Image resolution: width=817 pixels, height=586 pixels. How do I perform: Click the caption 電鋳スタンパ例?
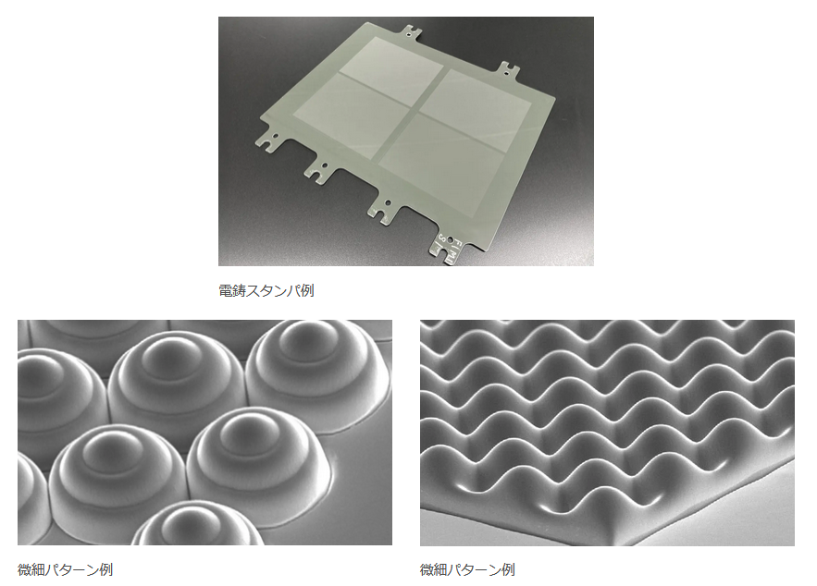tap(266, 290)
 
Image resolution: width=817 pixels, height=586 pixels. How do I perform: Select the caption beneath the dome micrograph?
tap(65, 570)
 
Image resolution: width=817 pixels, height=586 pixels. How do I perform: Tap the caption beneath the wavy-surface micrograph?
tap(467, 570)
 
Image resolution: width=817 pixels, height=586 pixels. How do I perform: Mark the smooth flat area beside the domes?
tap(360, 489)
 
